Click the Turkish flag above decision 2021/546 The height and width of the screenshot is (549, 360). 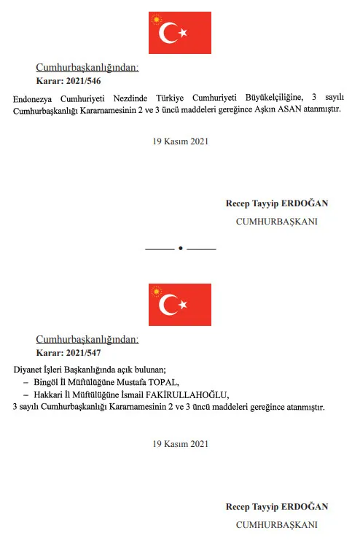coord(179,33)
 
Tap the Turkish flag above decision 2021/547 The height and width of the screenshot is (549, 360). coord(179,305)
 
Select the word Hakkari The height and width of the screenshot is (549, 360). coord(50,394)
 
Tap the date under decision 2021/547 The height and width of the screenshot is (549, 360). coord(179,443)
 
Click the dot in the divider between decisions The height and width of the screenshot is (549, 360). coord(180,249)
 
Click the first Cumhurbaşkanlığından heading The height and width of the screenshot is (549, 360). coord(87,68)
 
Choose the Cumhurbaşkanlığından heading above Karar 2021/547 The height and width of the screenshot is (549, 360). coord(87,340)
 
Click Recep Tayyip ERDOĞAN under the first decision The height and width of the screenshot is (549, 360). coord(277,203)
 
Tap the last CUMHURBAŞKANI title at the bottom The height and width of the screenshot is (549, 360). coord(277,524)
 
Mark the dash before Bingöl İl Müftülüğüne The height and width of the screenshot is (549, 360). coord(26,381)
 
